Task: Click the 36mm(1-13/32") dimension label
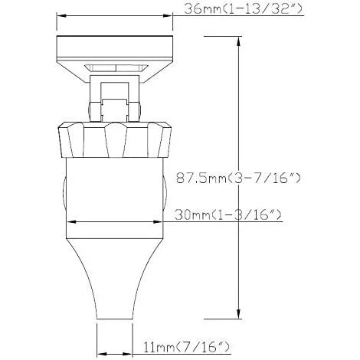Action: coord(243,9)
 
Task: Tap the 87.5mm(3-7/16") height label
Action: coord(238,178)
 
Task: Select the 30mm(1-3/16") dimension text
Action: coord(228,215)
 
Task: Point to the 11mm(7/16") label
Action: coord(187,347)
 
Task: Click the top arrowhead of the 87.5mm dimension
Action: coord(238,41)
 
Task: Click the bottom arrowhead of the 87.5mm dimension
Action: coord(238,314)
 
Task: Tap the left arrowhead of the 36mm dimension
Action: coord(61,16)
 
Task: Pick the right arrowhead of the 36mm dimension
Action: coord(168,16)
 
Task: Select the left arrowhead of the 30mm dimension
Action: coord(71,222)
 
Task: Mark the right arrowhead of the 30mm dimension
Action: coord(158,222)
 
